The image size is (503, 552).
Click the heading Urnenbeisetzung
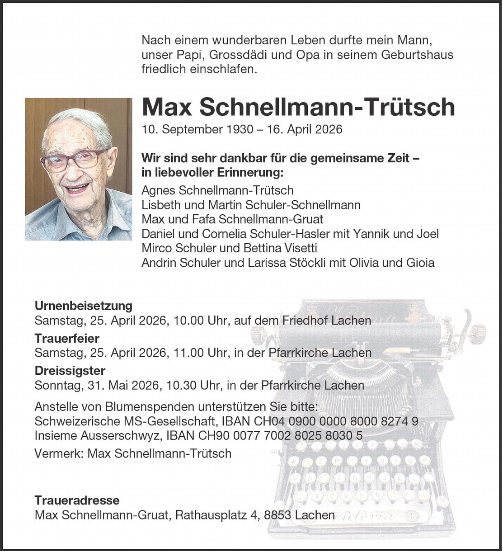(83, 306)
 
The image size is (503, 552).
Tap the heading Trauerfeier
(67, 338)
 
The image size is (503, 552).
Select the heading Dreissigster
(70, 371)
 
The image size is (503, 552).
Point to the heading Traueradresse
(77, 500)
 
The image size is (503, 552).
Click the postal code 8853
(277, 515)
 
